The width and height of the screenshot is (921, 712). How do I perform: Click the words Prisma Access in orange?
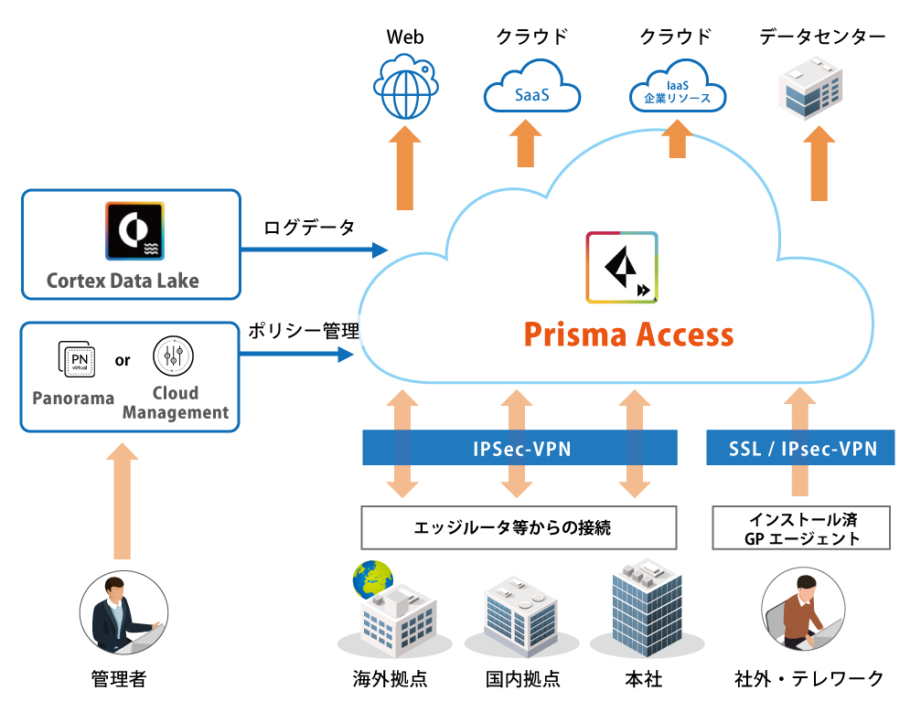pyautogui.click(x=628, y=335)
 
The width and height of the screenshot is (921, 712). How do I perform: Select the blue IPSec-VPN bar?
pyautogui.click(x=519, y=449)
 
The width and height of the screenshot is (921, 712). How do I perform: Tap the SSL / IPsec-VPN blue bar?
pyautogui.click(x=802, y=449)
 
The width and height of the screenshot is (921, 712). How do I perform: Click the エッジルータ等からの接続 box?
pyautogui.click(x=519, y=527)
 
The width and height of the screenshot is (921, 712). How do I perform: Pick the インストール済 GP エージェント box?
pyautogui.click(x=801, y=528)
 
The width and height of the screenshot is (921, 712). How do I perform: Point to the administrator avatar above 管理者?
pyautogui.click(x=123, y=614)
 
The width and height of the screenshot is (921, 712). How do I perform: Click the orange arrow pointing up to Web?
pyautogui.click(x=404, y=170)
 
